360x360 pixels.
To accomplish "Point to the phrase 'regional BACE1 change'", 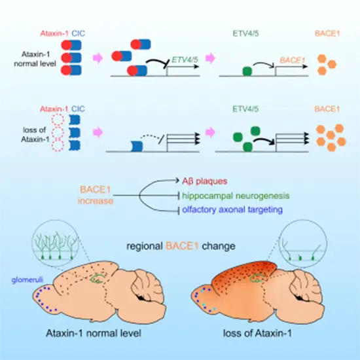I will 179,247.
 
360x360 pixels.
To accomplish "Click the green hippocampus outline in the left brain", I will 98,278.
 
